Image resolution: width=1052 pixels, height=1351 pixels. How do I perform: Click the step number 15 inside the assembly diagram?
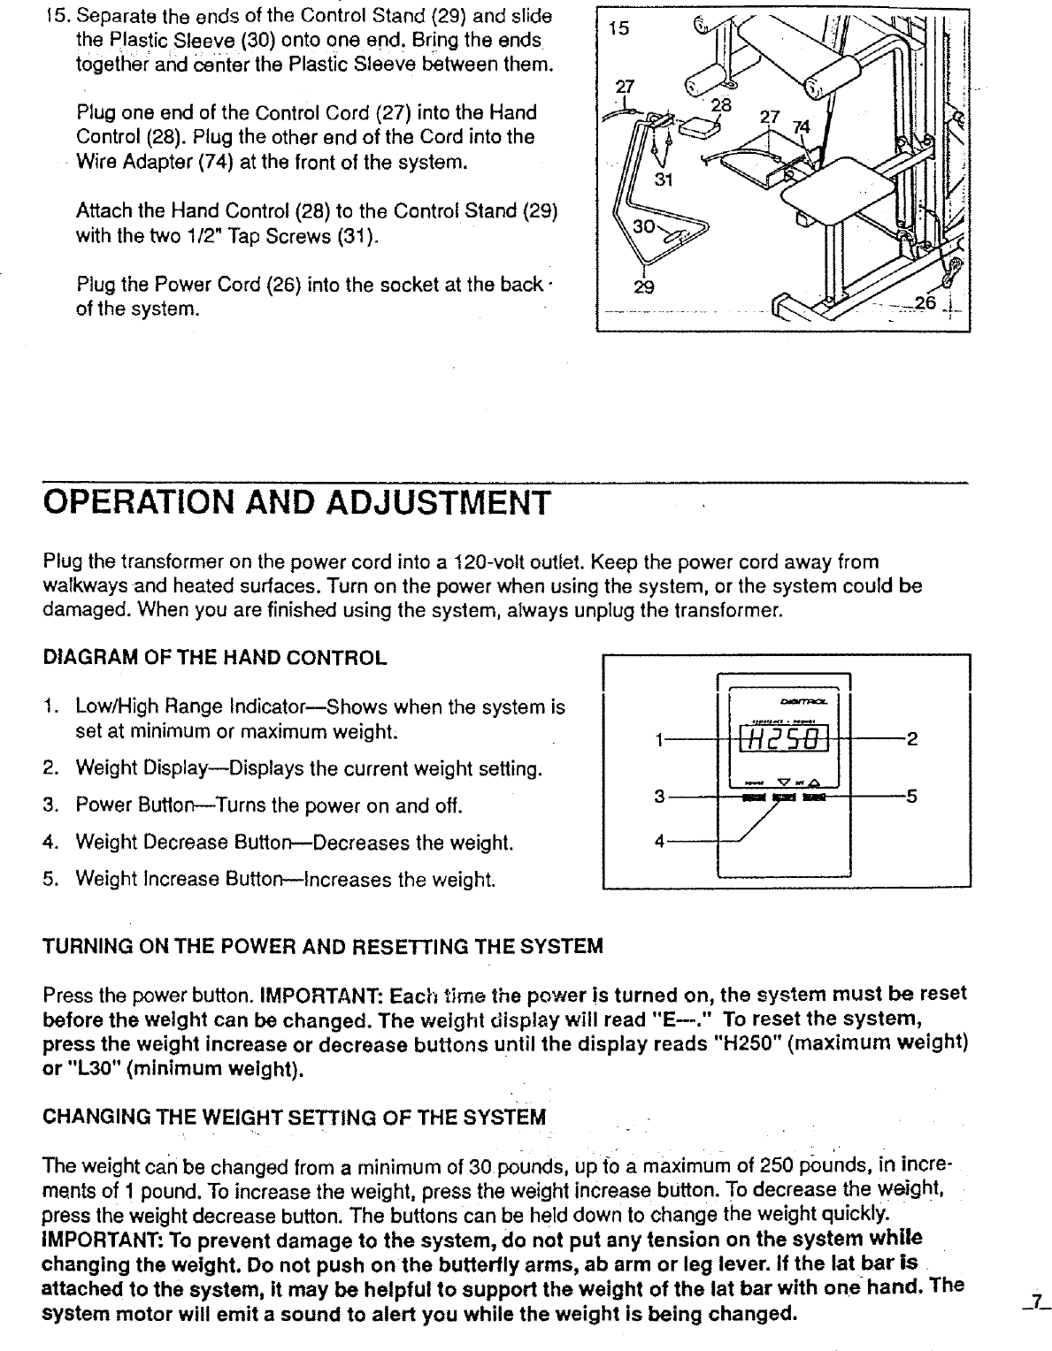click(x=619, y=28)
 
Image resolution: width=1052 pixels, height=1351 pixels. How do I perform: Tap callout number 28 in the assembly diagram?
click(x=722, y=105)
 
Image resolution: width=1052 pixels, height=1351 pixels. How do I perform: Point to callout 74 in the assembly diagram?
click(x=801, y=126)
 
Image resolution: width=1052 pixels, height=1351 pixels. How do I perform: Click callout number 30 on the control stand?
click(x=643, y=225)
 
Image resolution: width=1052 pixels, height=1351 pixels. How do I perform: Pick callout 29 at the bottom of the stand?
click(x=645, y=287)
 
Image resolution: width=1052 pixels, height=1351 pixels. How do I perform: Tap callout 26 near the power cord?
click(x=925, y=303)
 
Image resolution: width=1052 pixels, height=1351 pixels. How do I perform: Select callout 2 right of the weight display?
click(x=912, y=741)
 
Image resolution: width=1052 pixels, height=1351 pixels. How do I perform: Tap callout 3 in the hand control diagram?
click(x=658, y=797)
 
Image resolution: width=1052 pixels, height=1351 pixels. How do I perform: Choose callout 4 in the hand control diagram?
click(x=658, y=841)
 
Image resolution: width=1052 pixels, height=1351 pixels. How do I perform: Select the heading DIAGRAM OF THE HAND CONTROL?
click(x=215, y=658)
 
